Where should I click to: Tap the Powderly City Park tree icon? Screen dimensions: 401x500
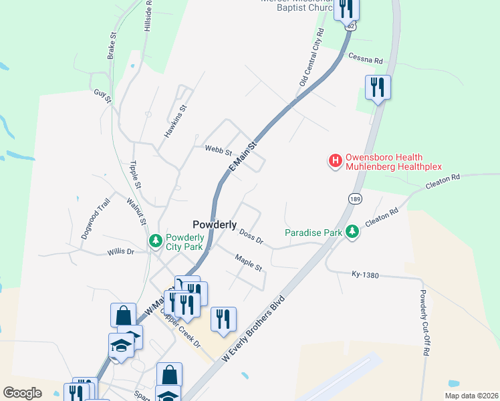(156, 240)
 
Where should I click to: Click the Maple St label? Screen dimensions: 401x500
(249, 262)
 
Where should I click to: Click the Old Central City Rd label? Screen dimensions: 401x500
(311, 57)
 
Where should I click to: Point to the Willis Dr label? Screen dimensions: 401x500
(121, 252)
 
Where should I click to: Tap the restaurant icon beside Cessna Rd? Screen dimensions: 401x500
(378, 87)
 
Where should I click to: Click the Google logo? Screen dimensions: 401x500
(22, 393)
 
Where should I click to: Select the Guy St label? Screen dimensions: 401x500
(101, 94)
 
